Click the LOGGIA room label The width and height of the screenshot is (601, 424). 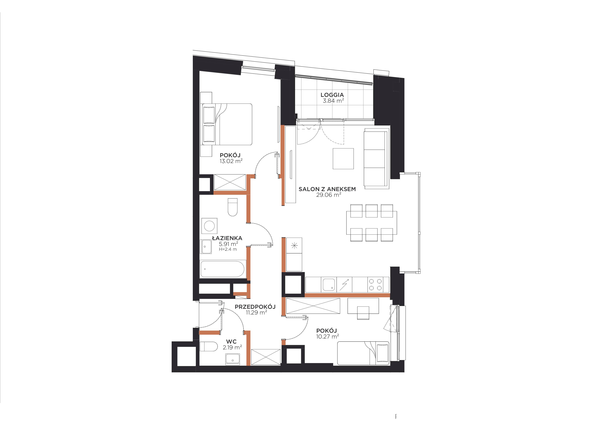332,95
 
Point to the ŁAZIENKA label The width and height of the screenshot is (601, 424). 227,238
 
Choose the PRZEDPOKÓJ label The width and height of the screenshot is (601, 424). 255,307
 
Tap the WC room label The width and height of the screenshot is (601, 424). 231,342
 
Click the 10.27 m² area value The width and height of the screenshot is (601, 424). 327,337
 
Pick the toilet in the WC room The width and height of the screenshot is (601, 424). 209,346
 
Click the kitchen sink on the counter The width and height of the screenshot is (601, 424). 329,285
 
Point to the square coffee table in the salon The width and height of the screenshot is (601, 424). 343,159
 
